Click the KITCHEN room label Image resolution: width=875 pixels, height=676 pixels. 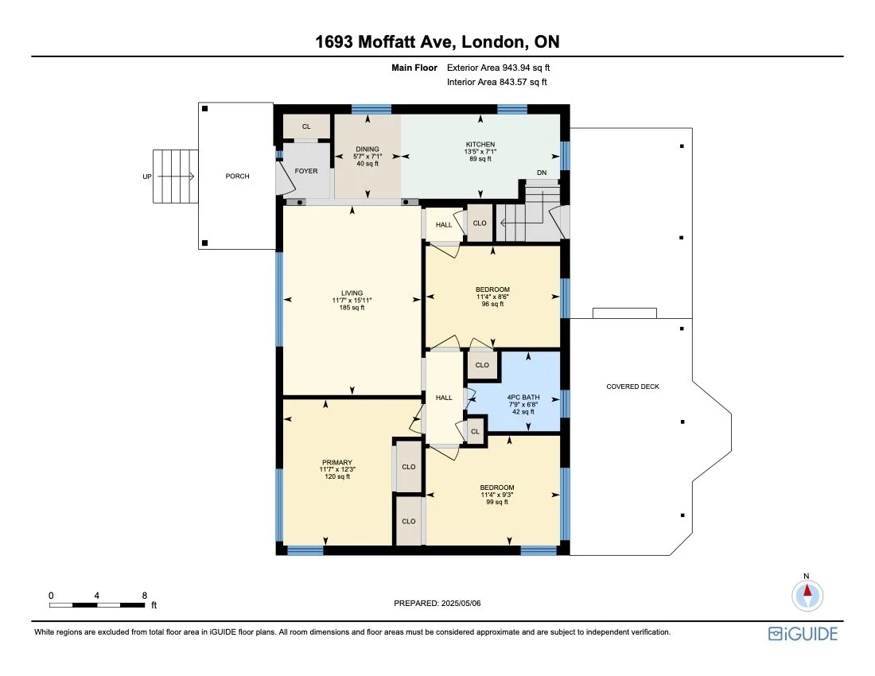480,144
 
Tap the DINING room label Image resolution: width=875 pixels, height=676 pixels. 367,149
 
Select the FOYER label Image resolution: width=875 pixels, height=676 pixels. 306,169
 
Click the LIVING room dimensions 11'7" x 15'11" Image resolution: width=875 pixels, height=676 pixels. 352,300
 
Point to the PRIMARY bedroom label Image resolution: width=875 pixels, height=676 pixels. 336,462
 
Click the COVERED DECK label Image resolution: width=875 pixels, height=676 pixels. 632,387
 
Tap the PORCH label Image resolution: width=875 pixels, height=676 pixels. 237,176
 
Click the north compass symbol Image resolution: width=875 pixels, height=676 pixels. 807,594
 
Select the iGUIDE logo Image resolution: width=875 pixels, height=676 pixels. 803,634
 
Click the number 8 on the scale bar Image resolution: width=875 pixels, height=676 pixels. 144,595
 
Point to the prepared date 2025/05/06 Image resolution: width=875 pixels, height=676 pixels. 437,603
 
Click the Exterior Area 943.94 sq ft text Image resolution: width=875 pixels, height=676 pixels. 498,68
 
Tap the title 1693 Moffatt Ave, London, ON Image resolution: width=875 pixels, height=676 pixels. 437,42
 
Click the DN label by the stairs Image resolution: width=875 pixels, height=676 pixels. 542,173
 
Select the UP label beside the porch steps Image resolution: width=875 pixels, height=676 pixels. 147,176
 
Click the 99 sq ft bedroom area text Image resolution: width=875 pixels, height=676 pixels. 496,502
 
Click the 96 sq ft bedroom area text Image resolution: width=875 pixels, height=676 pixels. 492,304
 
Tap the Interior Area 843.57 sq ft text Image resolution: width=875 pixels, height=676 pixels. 497,82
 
